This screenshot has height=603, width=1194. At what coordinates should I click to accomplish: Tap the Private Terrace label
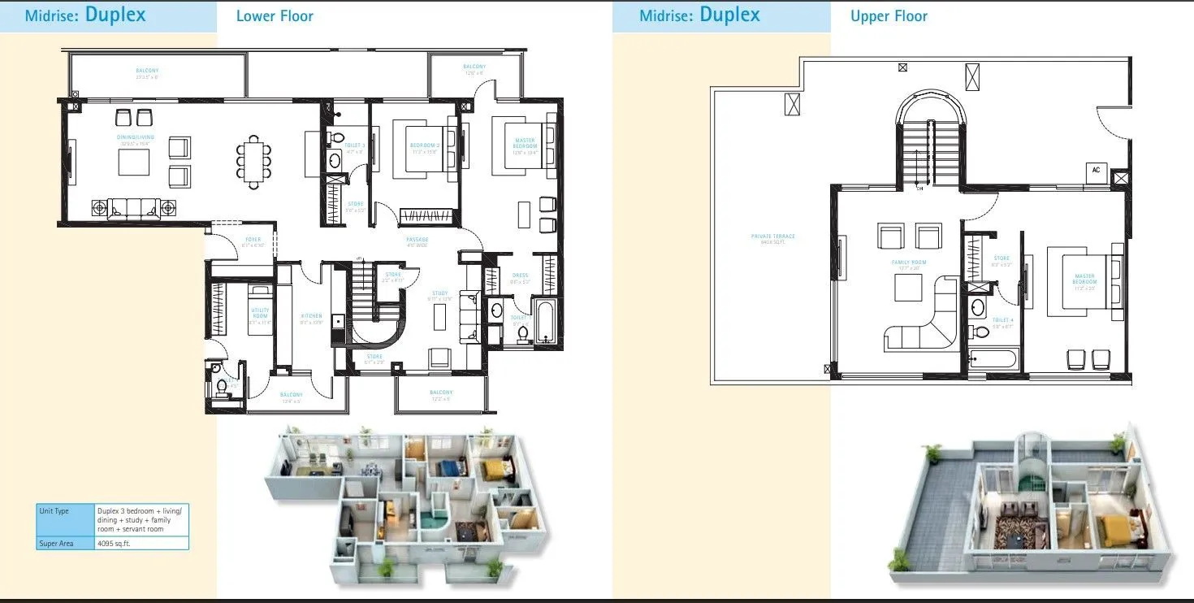click(772, 239)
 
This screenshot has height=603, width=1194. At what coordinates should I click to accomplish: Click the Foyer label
click(253, 242)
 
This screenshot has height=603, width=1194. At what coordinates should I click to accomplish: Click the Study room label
click(439, 295)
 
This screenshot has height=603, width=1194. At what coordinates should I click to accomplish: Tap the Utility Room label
click(260, 312)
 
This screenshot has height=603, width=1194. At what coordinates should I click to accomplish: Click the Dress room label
click(520, 277)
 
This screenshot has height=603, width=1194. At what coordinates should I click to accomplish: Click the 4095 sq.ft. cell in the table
click(114, 543)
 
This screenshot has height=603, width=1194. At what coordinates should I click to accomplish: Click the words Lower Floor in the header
click(275, 15)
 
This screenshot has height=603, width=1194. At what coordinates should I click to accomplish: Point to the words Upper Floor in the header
click(889, 15)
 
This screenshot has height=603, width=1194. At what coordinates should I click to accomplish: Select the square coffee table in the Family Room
click(908, 288)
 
